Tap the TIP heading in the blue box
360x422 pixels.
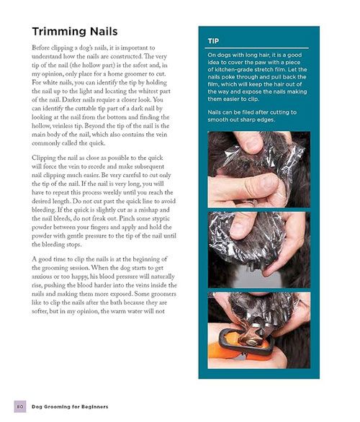click(213, 41)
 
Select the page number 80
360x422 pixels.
click(20, 406)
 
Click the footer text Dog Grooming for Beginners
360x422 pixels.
click(70, 407)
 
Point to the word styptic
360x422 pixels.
click(161, 219)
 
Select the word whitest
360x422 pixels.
click(148, 91)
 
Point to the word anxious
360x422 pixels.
click(42, 277)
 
